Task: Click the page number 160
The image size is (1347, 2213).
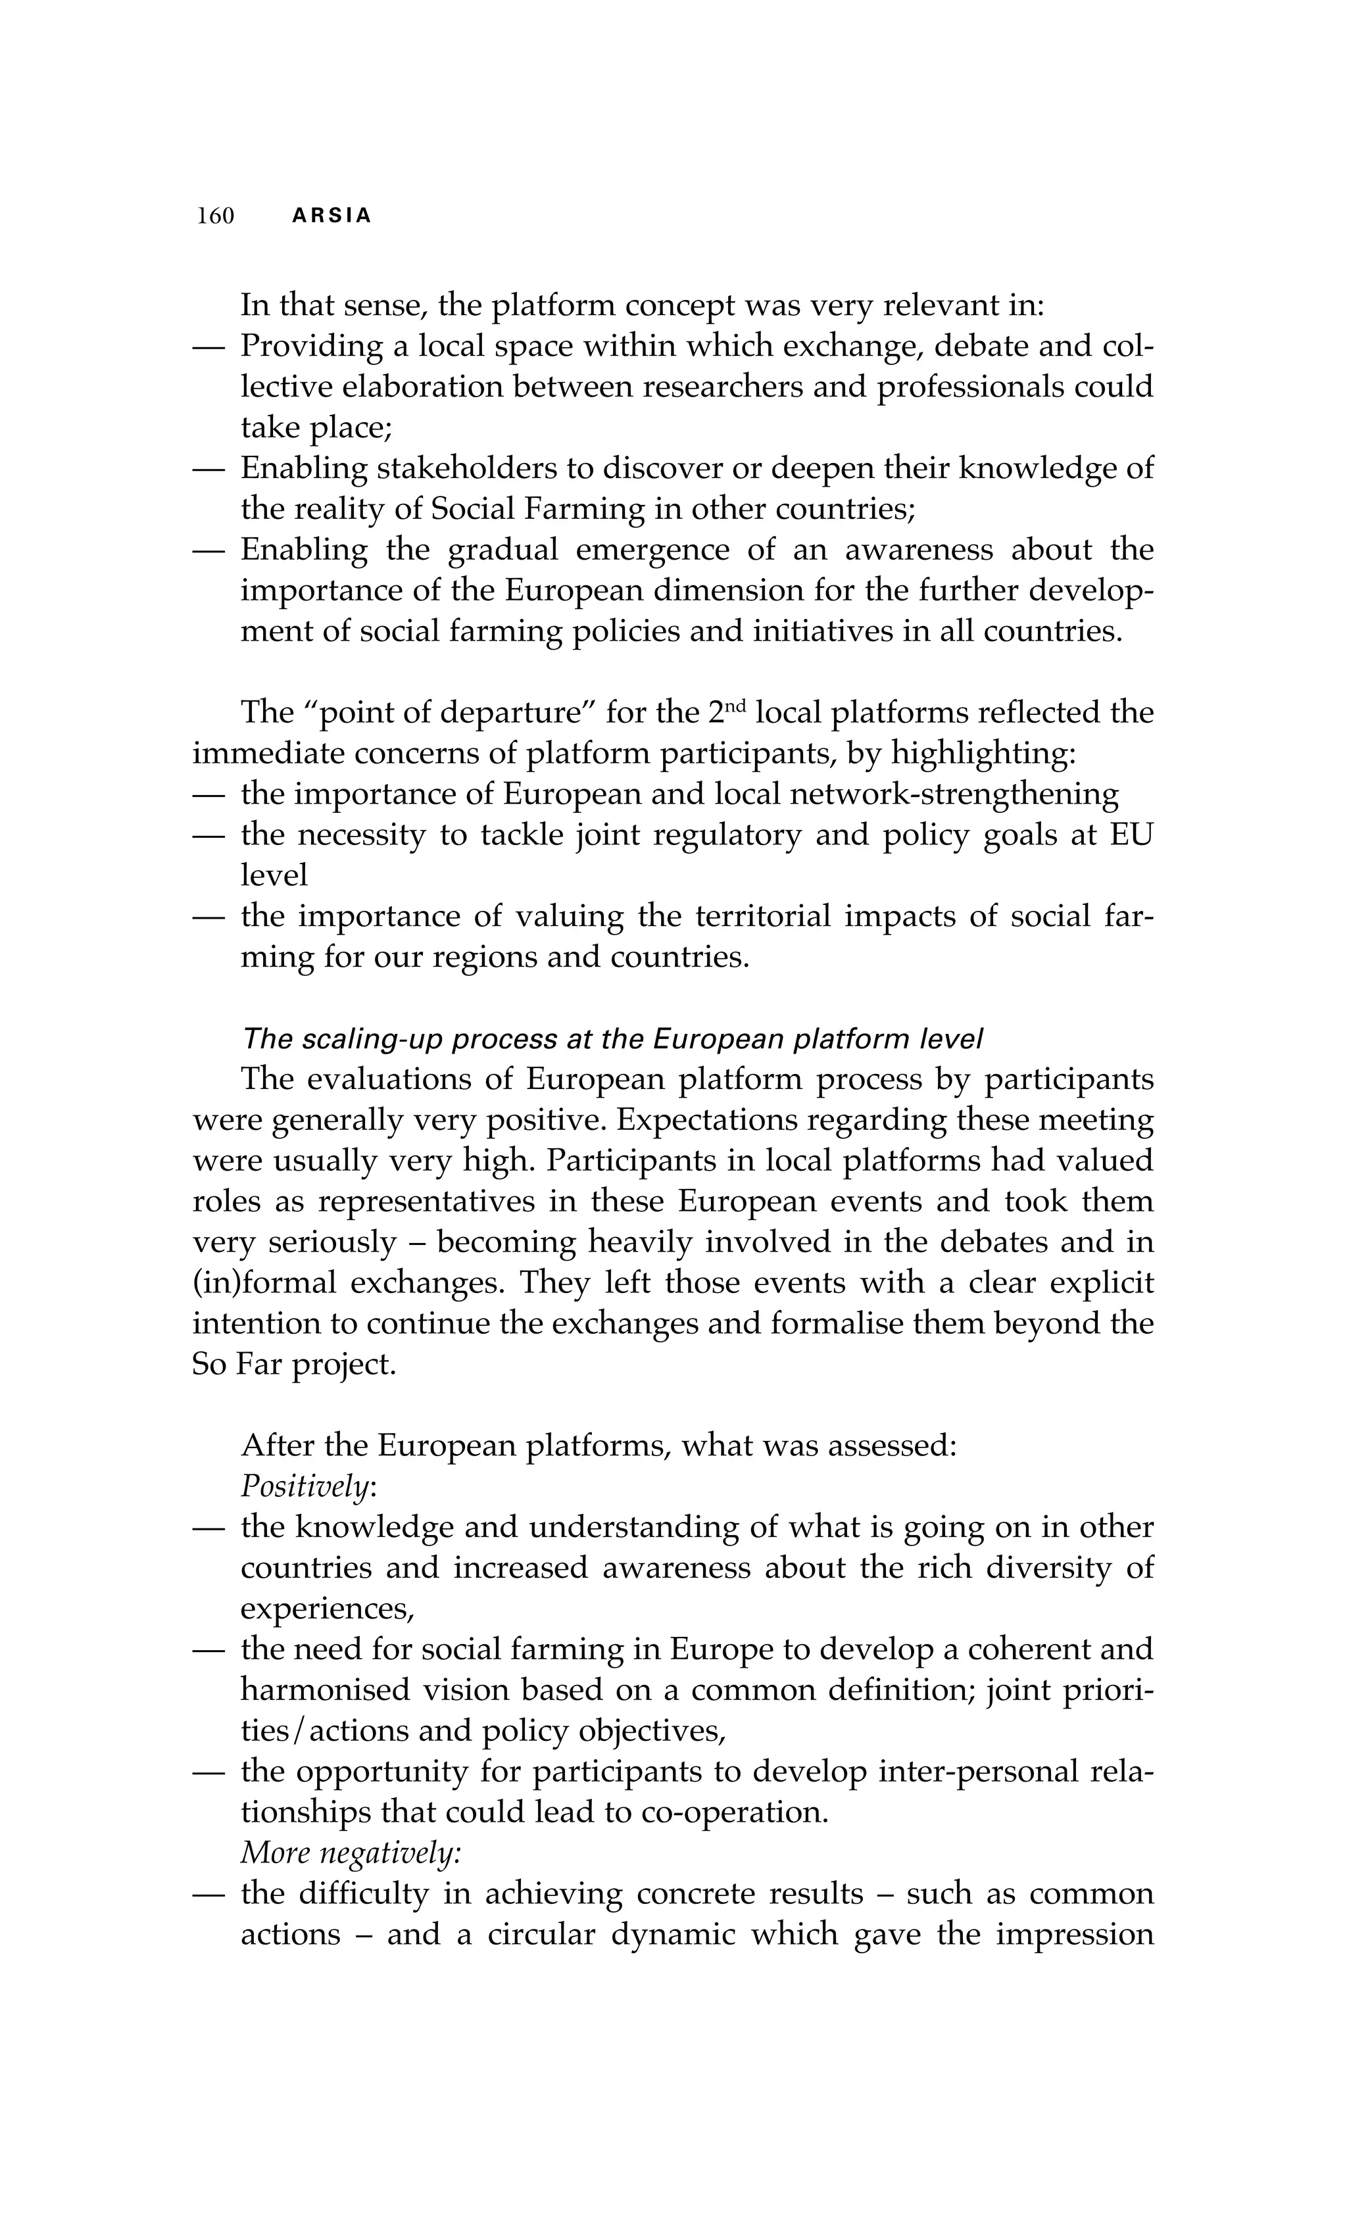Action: pos(216,216)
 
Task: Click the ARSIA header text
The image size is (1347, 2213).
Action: pos(331,216)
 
